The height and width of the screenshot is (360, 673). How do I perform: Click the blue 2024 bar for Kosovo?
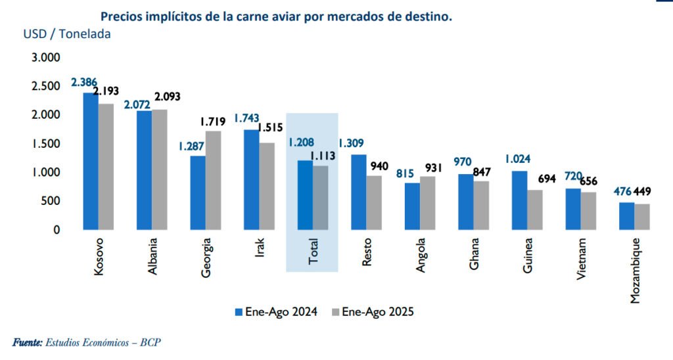tap(90, 161)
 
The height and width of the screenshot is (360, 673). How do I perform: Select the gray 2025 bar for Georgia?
tap(212, 180)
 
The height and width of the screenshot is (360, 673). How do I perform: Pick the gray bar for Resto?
tap(373, 202)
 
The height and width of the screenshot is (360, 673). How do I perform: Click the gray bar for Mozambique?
tap(641, 217)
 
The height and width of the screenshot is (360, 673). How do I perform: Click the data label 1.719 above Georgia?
tap(212, 122)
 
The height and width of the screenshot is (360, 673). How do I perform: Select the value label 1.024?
tap(518, 158)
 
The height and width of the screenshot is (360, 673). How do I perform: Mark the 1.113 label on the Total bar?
tap(323, 156)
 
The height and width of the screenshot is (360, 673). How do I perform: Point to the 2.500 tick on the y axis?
tap(46, 86)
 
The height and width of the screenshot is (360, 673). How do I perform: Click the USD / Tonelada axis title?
tap(67, 34)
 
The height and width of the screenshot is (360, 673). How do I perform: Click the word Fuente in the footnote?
tap(27, 342)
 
